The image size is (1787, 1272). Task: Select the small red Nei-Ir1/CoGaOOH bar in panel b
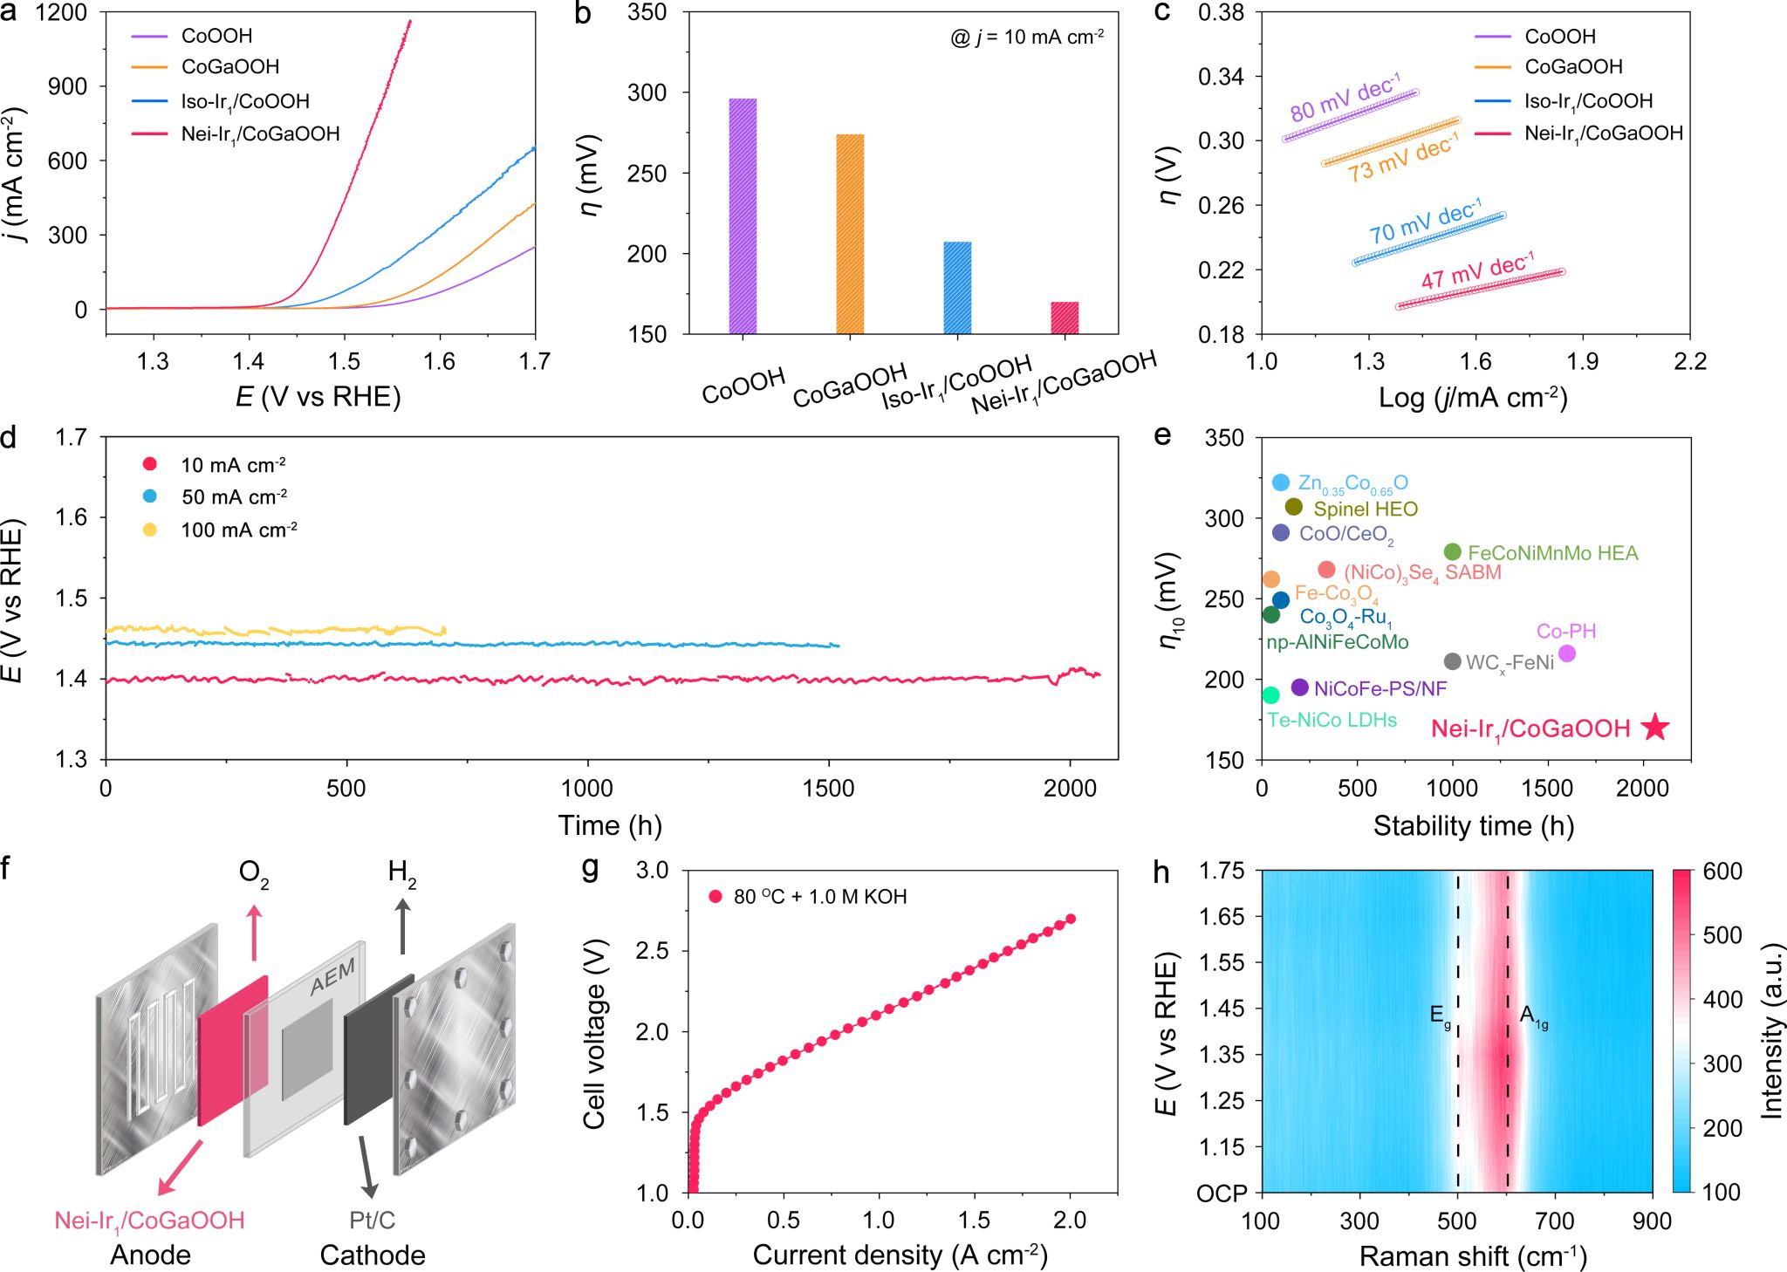pyautogui.click(x=1065, y=318)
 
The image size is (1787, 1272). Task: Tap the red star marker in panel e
pyautogui.click(x=1655, y=727)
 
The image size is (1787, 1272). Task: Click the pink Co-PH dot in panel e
pyautogui.click(x=1567, y=653)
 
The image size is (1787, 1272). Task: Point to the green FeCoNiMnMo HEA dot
pyautogui.click(x=1453, y=552)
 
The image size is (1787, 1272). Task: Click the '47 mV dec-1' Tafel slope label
pyautogui.click(x=1477, y=271)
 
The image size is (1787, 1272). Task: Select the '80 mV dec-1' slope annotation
pyautogui.click(x=1345, y=98)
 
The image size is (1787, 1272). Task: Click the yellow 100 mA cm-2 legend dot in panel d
pyautogui.click(x=150, y=530)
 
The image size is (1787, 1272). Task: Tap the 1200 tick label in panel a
pyautogui.click(x=62, y=13)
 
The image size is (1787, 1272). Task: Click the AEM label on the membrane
pyautogui.click(x=333, y=976)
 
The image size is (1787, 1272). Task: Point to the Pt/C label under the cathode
pyautogui.click(x=373, y=1220)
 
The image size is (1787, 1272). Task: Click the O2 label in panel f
pyautogui.click(x=254, y=873)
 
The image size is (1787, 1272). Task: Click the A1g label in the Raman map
pyautogui.click(x=1533, y=1016)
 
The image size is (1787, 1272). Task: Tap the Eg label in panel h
pyautogui.click(x=1440, y=1016)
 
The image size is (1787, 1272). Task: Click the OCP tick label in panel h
pyautogui.click(x=1222, y=1193)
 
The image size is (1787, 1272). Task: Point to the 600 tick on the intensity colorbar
pyautogui.click(x=1722, y=872)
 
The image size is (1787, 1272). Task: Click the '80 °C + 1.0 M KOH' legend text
pyautogui.click(x=820, y=897)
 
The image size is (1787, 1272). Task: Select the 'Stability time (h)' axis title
pyautogui.click(x=1474, y=825)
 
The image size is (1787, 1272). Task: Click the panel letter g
pyautogui.click(x=590, y=869)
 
